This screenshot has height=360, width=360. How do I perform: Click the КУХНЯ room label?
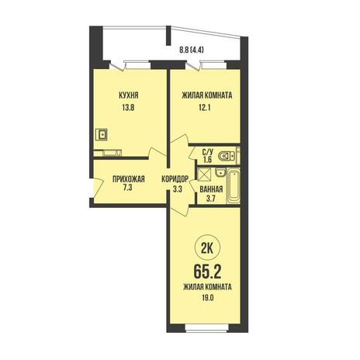[x=129, y=95]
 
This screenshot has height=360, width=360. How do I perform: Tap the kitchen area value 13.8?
[x=128, y=107]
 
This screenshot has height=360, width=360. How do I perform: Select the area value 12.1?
[x=204, y=107]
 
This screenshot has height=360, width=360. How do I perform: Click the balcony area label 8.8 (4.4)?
[x=192, y=50]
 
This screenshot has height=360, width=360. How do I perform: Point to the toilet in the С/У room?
[x=227, y=156]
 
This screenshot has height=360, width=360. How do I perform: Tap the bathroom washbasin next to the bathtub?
[x=220, y=172]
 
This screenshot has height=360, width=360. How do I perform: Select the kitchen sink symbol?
[x=102, y=134]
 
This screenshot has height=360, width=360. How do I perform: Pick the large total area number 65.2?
[x=207, y=272]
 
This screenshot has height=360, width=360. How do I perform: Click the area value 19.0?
[x=207, y=298]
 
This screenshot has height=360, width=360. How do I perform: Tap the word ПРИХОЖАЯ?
[x=129, y=179]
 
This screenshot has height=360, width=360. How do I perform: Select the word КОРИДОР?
[x=175, y=179]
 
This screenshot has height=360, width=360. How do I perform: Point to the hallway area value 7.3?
[x=128, y=188]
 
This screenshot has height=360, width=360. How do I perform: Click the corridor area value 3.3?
[x=178, y=189]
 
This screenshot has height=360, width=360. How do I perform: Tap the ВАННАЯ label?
[x=211, y=189]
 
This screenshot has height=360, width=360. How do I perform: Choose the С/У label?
[x=208, y=152]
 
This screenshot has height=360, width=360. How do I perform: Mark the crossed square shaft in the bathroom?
[x=205, y=174]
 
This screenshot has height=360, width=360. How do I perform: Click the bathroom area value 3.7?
[x=211, y=199]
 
